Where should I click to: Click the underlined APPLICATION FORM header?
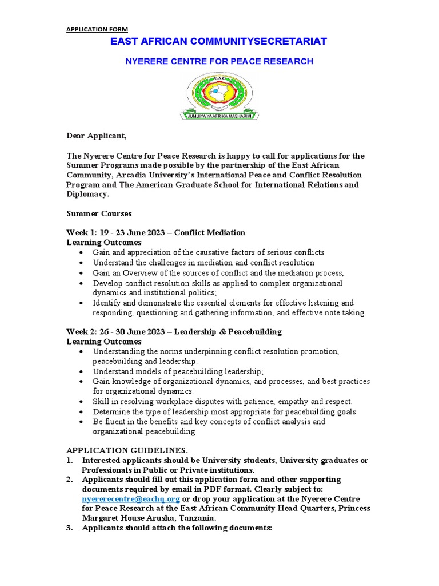(x=97, y=29)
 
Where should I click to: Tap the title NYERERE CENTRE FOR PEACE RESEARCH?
(x=219, y=61)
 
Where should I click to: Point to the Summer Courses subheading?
(x=99, y=213)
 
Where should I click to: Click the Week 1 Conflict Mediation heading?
(x=156, y=232)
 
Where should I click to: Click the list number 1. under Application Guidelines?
(x=69, y=461)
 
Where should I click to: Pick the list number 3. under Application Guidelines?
(x=69, y=528)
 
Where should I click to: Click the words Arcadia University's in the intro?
(x=143, y=175)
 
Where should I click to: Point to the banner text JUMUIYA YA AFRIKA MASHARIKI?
(x=219, y=116)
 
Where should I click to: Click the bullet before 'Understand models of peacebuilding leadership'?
(x=82, y=371)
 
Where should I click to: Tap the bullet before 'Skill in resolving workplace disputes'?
(x=82, y=401)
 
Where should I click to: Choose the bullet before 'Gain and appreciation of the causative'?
(x=82, y=252)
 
